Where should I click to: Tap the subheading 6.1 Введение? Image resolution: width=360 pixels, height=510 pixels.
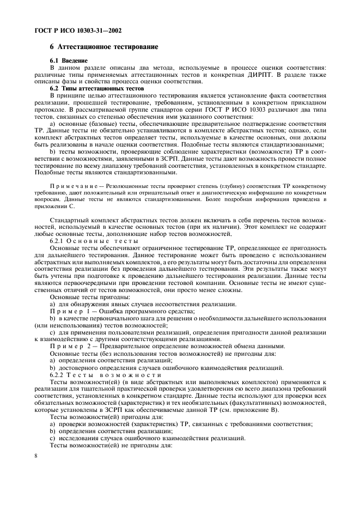click(69, 60)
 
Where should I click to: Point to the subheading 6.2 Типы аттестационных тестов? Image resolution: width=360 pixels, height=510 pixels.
click(96, 88)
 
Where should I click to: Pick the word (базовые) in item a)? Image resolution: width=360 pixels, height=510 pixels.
click(95, 124)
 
